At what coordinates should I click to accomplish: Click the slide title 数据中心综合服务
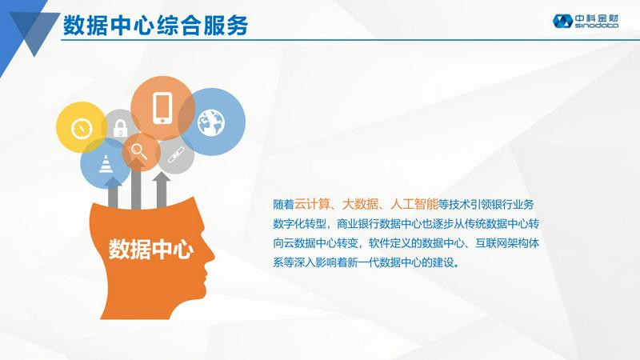(x=155, y=26)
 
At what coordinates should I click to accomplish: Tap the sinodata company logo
(x=586, y=21)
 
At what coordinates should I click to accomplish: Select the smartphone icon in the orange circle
(x=162, y=108)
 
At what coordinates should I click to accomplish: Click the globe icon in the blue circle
(x=211, y=122)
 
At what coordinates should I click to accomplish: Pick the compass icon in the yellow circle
(x=82, y=128)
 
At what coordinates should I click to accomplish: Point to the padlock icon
(x=120, y=128)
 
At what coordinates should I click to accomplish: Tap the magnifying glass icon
(x=138, y=151)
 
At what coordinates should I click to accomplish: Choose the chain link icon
(x=176, y=155)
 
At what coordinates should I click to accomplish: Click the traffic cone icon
(x=106, y=164)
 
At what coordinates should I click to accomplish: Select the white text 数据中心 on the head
(x=150, y=249)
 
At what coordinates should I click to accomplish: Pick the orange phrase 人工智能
(x=414, y=204)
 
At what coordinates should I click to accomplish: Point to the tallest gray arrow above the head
(x=136, y=184)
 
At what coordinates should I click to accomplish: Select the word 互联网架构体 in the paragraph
(x=507, y=243)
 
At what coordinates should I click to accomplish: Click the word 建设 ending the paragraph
(x=443, y=262)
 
